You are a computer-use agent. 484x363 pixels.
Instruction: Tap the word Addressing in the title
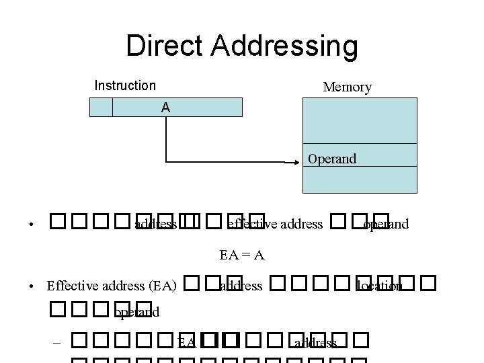282,46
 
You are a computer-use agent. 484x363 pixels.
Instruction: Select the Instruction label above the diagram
125,85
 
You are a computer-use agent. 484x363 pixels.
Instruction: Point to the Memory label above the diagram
347,87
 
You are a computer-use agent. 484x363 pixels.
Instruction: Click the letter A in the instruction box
165,108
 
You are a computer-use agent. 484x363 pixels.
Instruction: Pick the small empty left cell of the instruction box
101,108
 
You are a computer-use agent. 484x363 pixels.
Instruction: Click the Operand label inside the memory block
332,159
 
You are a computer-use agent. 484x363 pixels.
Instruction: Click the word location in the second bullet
379,286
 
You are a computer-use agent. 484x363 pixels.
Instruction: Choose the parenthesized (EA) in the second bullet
161,286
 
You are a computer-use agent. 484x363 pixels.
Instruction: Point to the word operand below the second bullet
136,312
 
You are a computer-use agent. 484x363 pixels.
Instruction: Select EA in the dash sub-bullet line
186,344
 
